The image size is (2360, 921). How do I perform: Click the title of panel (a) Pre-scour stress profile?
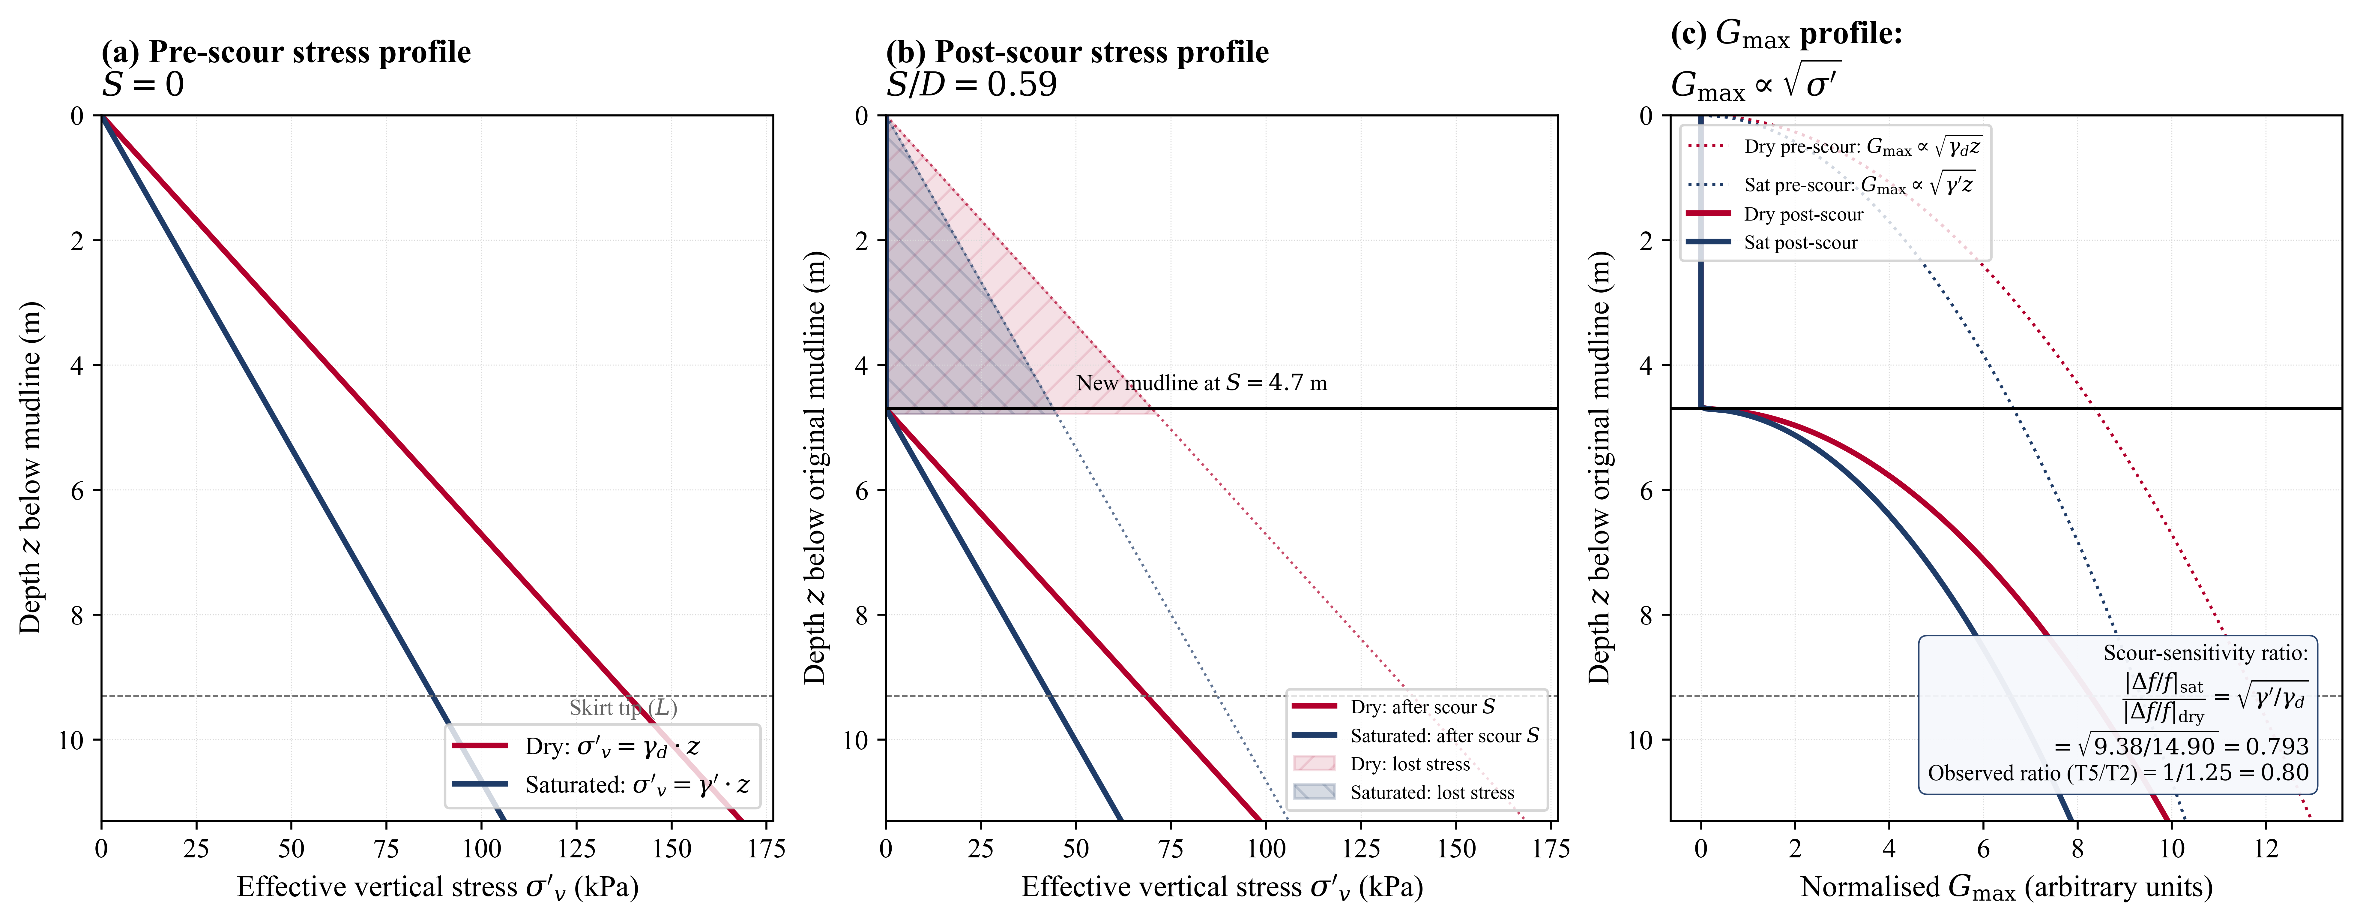[x=286, y=52]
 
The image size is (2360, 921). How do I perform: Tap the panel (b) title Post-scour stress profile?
[x=1076, y=52]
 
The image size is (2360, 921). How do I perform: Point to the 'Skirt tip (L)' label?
[x=623, y=707]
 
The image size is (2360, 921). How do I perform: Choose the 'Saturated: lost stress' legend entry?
[x=1431, y=793]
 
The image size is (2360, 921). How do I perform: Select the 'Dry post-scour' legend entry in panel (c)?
[x=1803, y=215]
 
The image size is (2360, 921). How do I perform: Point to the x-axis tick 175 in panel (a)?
[x=766, y=849]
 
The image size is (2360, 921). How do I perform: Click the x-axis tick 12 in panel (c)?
[x=2266, y=849]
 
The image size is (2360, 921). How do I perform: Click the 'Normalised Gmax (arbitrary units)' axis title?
[x=2006, y=887]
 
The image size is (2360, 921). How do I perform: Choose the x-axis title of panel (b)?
[x=1221, y=887]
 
